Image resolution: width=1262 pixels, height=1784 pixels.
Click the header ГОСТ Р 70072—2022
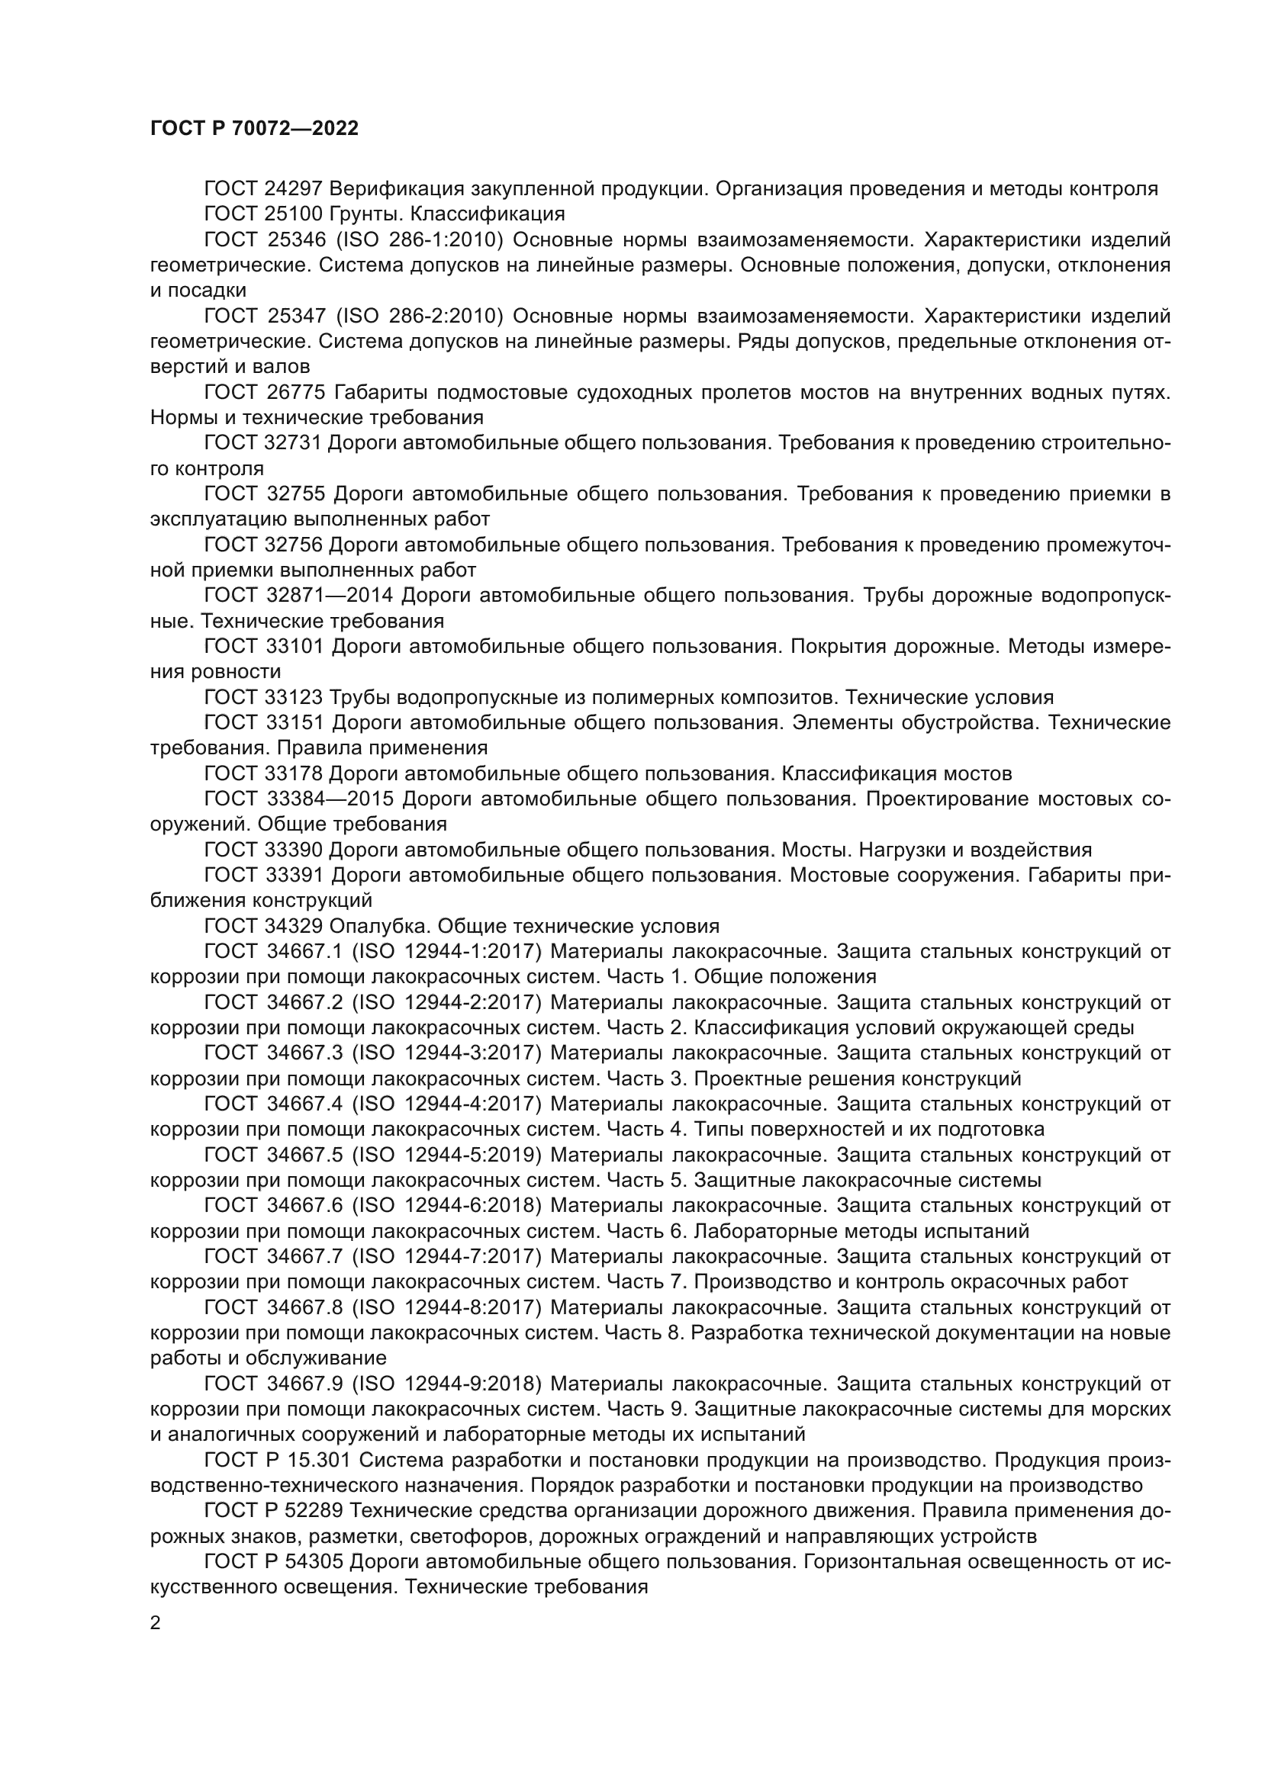tap(254, 129)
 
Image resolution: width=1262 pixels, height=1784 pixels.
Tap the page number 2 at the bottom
tap(156, 1622)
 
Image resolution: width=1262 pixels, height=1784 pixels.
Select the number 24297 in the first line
tap(298, 189)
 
